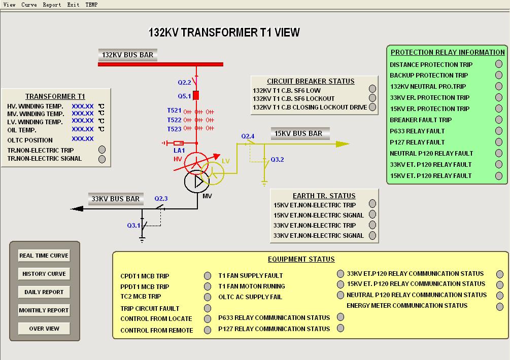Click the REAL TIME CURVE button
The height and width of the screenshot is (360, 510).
tap(44, 256)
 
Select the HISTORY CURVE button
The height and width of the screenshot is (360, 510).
tap(44, 274)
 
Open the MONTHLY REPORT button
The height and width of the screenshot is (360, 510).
tap(44, 310)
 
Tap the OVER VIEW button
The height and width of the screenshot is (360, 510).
tap(44, 329)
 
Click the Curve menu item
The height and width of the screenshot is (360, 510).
tap(28, 5)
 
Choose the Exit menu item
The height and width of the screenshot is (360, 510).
tap(73, 5)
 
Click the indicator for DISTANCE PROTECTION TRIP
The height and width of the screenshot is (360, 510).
tap(499, 64)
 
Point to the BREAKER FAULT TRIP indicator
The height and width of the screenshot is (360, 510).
tap(499, 120)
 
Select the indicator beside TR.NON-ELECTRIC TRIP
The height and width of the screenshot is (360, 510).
tap(102, 150)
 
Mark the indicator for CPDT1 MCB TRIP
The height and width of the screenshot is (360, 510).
tap(208, 276)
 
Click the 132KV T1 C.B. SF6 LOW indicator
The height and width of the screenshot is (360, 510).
tap(372, 89)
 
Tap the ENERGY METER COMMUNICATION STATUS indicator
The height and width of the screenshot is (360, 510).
tap(500, 306)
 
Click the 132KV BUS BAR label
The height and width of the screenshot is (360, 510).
tap(127, 55)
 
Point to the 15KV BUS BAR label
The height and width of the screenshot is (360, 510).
tap(298, 133)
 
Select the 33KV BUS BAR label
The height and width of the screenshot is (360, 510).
tap(115, 199)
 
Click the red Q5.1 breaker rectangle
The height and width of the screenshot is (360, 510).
tap(196, 95)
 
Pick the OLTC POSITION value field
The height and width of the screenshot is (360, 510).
tap(83, 139)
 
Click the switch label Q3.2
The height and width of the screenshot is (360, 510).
tap(277, 159)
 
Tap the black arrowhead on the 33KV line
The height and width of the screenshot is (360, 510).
tap(77, 208)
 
